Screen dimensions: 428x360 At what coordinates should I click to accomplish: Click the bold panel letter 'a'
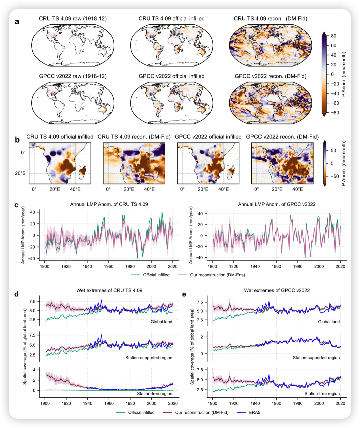(17, 22)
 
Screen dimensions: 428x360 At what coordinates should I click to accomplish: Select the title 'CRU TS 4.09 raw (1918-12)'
(73, 19)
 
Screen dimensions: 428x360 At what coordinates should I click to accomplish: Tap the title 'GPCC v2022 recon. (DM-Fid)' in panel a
(270, 76)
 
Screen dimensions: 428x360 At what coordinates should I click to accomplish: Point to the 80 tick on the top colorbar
(333, 36)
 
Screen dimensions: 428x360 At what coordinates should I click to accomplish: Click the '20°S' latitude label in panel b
(20, 173)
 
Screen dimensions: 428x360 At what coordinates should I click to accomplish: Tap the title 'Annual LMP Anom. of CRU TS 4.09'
(109, 204)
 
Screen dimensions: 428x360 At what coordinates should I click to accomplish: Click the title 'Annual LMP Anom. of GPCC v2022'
(277, 204)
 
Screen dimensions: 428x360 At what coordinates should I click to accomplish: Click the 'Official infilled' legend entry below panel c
(156, 275)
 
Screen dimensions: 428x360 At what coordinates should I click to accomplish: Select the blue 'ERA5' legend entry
(254, 412)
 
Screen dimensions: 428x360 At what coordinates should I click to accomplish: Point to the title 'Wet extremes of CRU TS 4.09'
(109, 290)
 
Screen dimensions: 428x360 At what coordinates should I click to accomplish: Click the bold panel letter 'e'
(184, 294)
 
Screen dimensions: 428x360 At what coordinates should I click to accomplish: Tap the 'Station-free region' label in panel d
(154, 394)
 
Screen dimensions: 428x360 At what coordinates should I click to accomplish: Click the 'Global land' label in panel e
(329, 322)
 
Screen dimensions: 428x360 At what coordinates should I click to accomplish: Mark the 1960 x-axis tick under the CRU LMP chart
(109, 267)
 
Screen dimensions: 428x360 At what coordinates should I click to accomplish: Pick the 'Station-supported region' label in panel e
(316, 358)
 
